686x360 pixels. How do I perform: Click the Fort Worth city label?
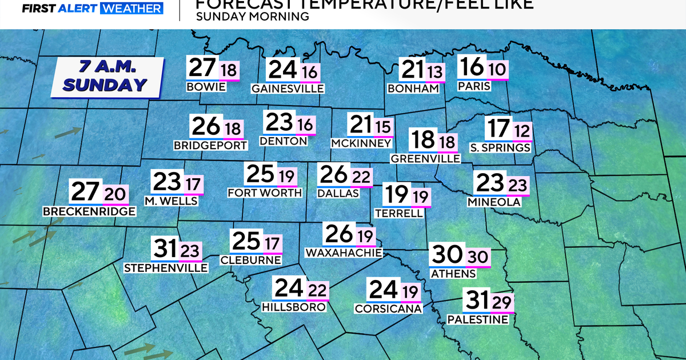tap(265, 193)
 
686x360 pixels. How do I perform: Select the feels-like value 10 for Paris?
tap(497, 70)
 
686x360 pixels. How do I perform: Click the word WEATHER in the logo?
tap(131, 8)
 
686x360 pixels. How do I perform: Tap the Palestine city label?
tap(477, 319)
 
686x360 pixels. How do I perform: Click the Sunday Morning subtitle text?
tap(252, 17)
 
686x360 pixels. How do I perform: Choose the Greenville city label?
tap(425, 158)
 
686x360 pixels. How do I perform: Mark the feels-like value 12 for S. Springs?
tap(521, 131)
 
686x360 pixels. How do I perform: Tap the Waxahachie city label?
tap(344, 252)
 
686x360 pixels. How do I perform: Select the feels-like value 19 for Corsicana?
tap(410, 292)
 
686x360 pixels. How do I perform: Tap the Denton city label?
tap(283, 141)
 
